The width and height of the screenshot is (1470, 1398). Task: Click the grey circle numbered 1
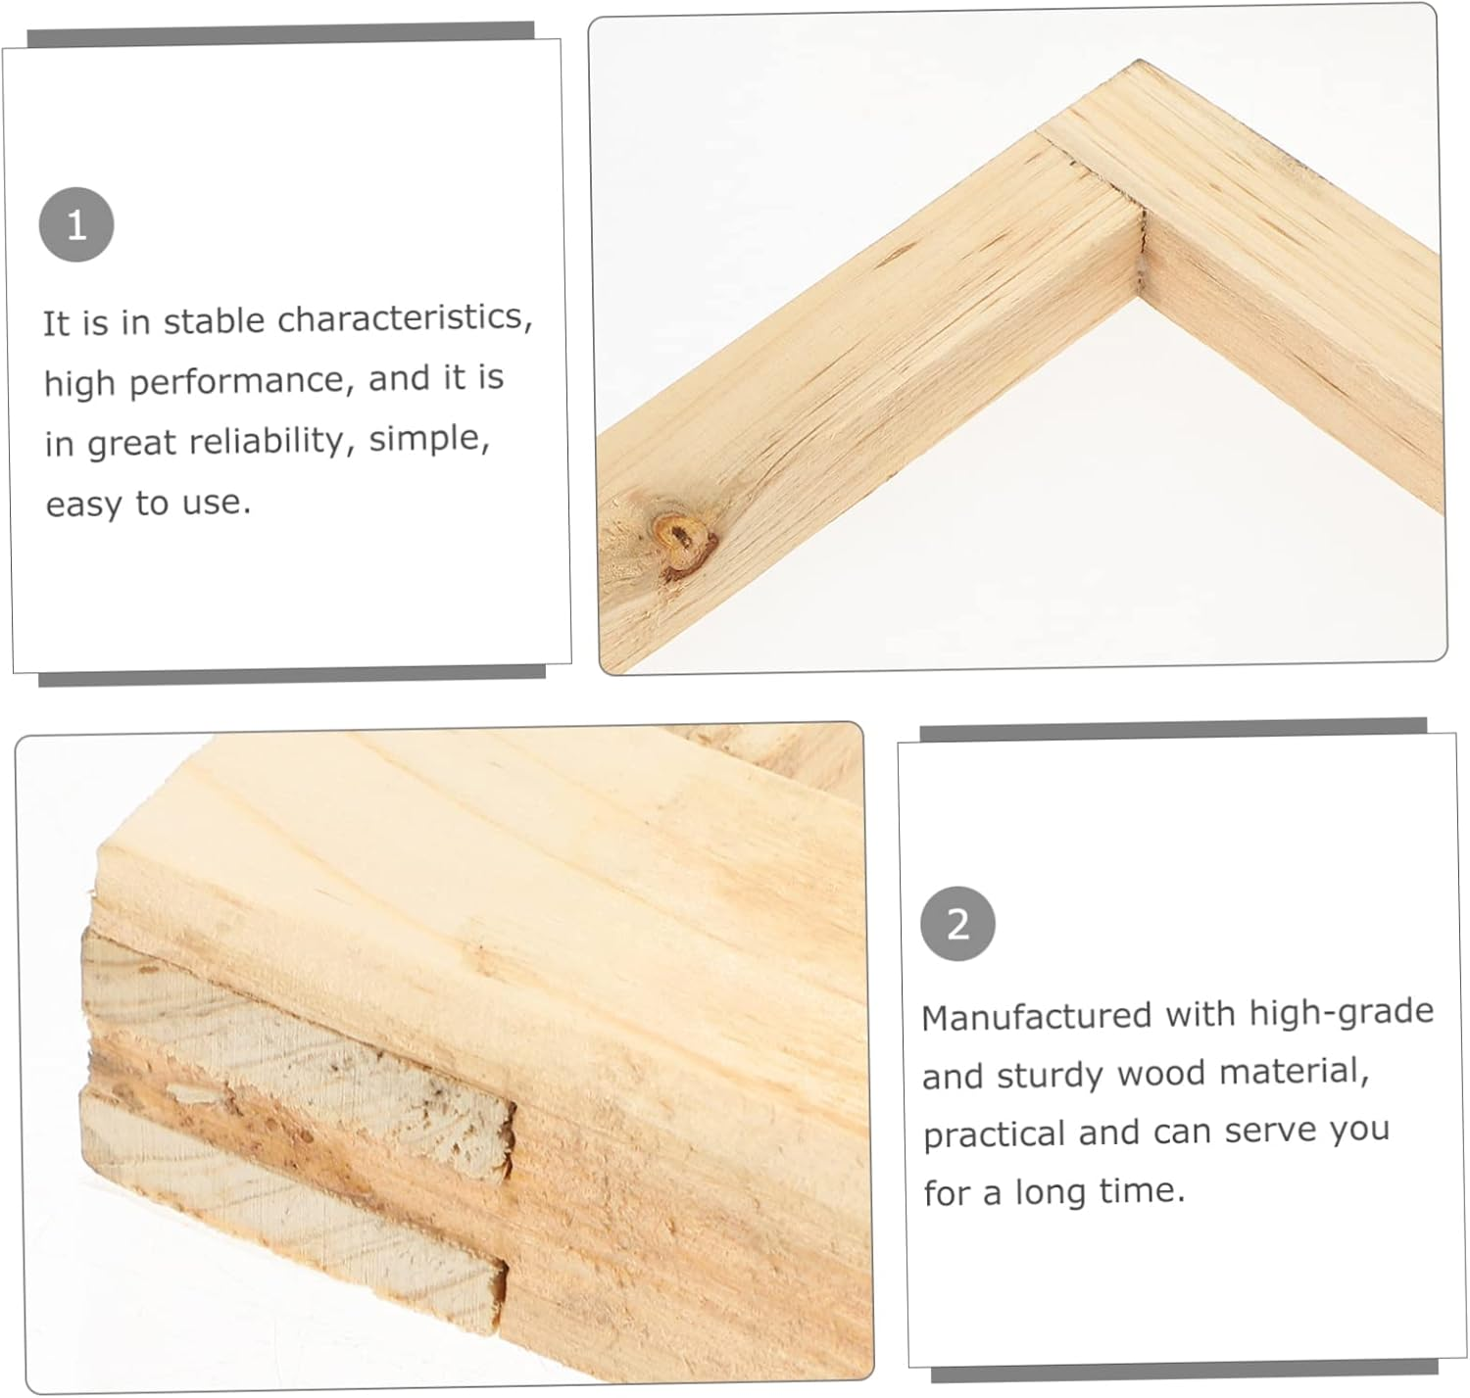coord(76,225)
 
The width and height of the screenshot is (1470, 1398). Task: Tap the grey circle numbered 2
coord(957,924)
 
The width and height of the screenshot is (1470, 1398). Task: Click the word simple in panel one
coord(429,440)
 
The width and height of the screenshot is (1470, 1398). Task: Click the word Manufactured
coord(1036,1016)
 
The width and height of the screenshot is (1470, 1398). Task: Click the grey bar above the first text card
coord(281,34)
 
